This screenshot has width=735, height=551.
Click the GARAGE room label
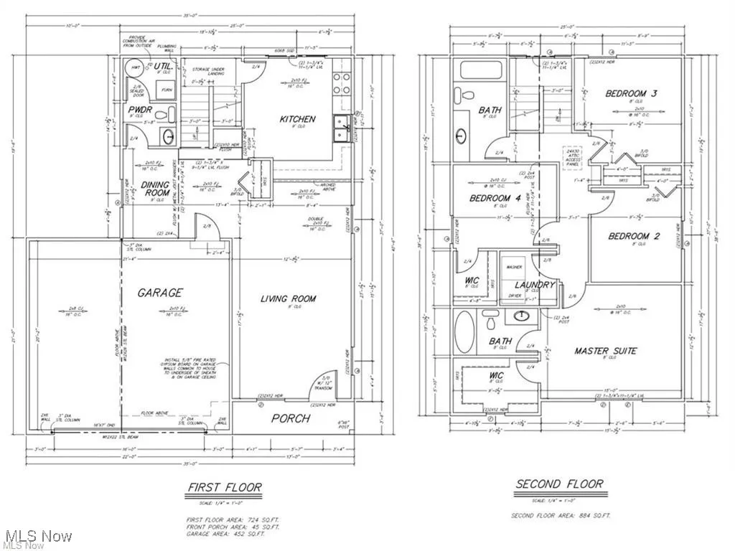coord(160,293)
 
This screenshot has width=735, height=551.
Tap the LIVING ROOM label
coord(288,298)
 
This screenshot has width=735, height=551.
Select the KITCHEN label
coord(297,119)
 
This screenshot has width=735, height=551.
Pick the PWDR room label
coord(139,110)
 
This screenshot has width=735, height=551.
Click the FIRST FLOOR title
coord(224,489)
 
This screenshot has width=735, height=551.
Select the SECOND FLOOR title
coord(559,484)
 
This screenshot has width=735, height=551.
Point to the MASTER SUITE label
coord(605,351)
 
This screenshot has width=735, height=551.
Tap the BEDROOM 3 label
coord(631,93)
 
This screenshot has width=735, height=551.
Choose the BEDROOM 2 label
coord(634,236)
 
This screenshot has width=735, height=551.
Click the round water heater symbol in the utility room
coord(133,68)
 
